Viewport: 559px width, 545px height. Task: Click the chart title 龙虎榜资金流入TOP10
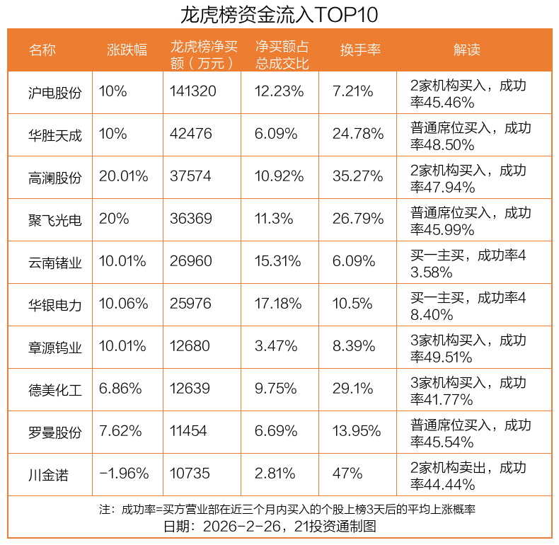tap(279, 14)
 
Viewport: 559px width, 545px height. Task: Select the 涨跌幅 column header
tap(127, 50)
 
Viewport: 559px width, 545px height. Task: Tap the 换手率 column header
tap(360, 50)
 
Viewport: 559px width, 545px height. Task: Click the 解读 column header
tap(467, 50)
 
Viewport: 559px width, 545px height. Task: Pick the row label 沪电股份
tap(55, 92)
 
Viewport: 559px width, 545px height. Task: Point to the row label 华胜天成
tap(55, 134)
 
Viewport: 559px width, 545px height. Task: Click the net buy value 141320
tap(193, 91)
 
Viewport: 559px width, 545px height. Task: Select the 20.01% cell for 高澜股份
tap(124, 176)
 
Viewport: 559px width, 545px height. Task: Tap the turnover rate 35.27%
tap(358, 176)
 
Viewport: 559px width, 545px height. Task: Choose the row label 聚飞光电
tap(55, 219)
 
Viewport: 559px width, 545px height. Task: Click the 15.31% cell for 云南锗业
tap(279, 261)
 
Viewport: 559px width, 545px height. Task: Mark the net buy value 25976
tap(190, 304)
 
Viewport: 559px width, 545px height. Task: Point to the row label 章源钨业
tap(55, 347)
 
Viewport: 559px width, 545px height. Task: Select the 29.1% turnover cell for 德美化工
tap(353, 389)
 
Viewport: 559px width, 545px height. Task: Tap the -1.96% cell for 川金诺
tap(124, 474)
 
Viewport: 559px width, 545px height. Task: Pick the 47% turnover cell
tap(347, 474)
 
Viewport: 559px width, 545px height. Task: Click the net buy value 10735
tap(190, 474)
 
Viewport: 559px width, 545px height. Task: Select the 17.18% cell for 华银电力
tap(279, 304)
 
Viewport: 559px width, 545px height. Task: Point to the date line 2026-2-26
tap(279, 527)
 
